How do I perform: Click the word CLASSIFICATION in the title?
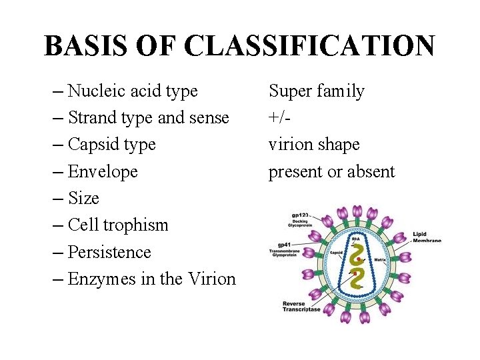pyautogui.click(x=310, y=46)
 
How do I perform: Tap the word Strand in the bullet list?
pyautogui.click(x=93, y=118)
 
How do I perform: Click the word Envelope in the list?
pyautogui.click(x=103, y=171)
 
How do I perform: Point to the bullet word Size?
pyautogui.click(x=83, y=198)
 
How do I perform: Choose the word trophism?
pyautogui.click(x=139, y=225)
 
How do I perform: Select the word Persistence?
pyautogui.click(x=109, y=252)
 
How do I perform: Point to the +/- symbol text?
pyautogui.click(x=281, y=118)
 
